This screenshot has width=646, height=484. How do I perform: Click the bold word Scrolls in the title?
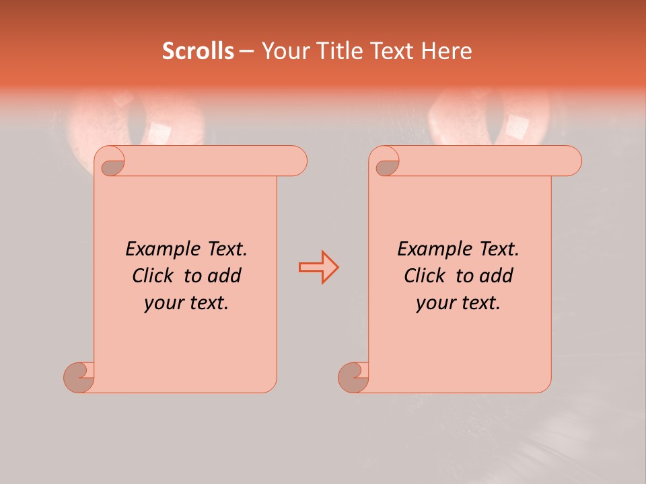pos(199,51)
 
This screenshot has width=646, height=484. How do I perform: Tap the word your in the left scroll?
pos(162,304)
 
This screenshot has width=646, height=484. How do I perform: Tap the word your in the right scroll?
pos(434,304)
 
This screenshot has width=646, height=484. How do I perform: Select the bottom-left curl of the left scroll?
pos(78,376)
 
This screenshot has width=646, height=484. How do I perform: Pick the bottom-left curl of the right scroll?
pos(353,376)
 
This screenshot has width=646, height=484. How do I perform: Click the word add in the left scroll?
pos(225,276)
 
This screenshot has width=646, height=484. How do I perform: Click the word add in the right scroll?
pos(497,276)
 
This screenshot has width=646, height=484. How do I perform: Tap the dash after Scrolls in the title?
pos(247,51)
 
